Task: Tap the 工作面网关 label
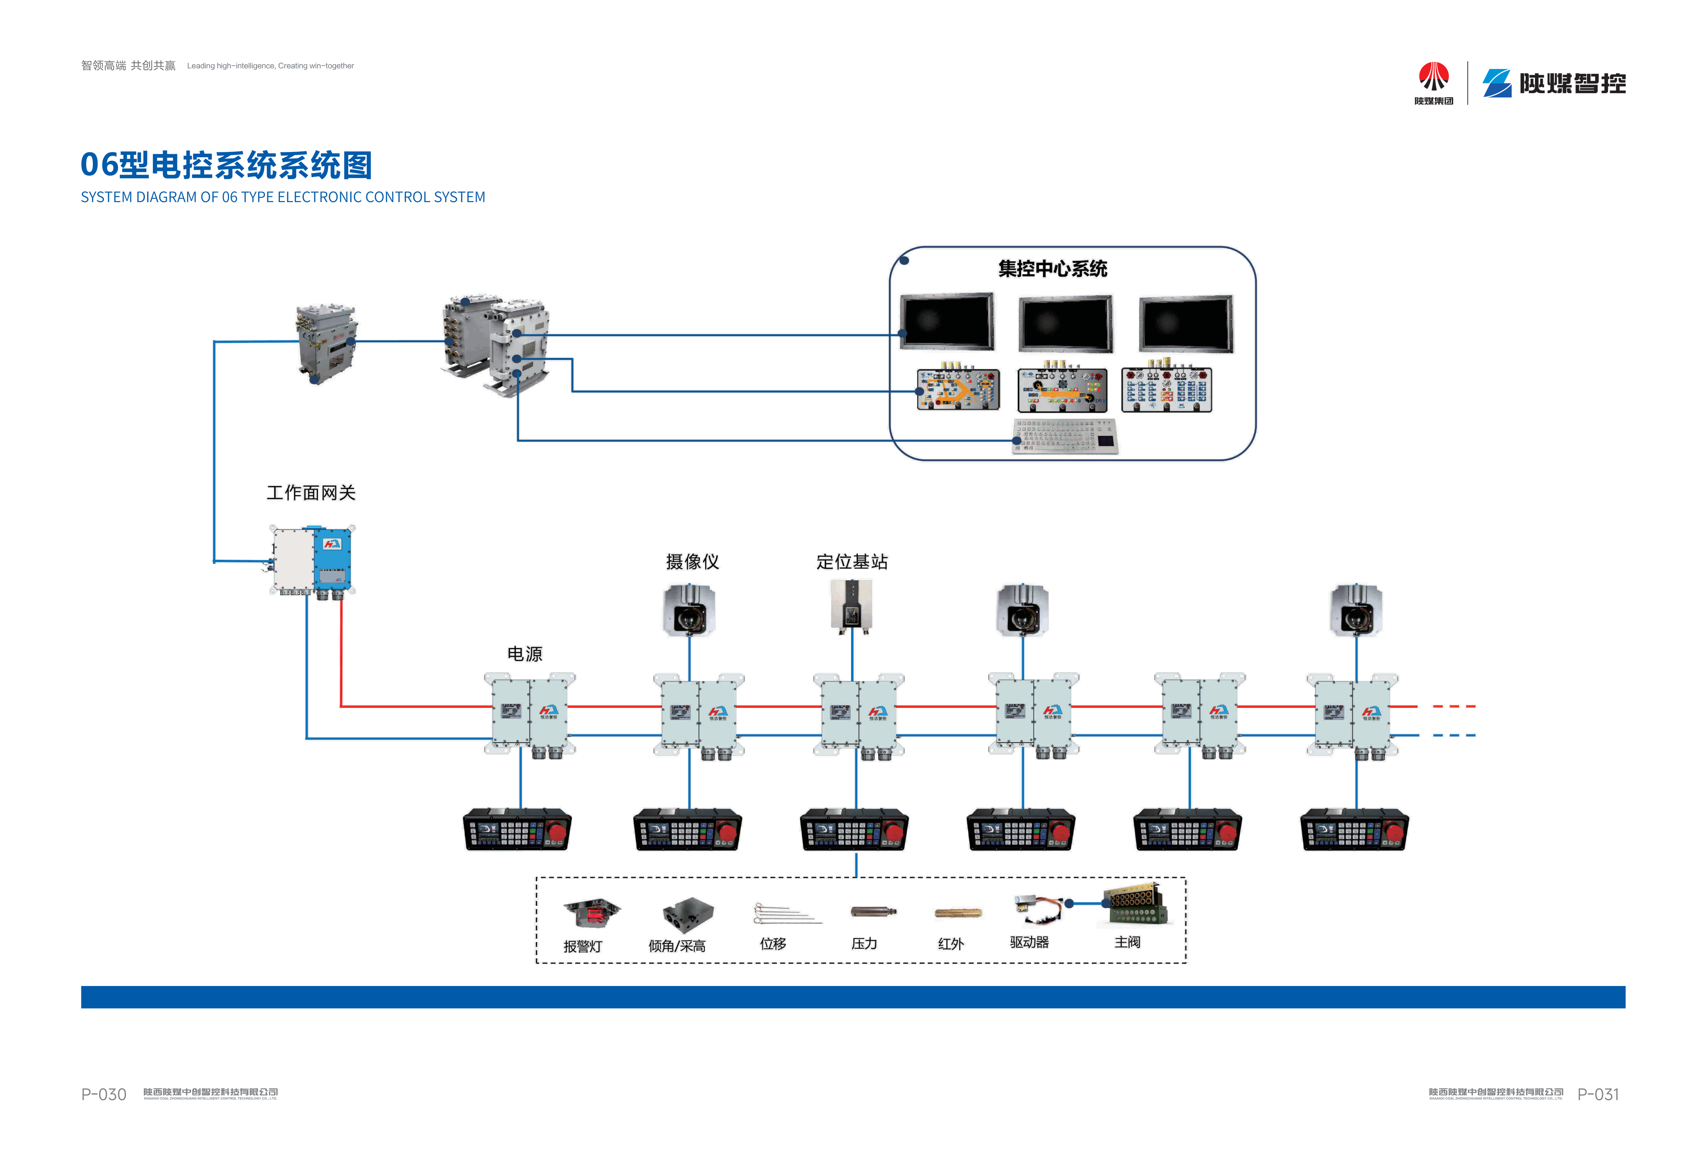tap(311, 493)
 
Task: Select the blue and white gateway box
tap(312, 560)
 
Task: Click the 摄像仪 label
tap(692, 562)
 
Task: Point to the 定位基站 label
tap(852, 562)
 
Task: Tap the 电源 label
tap(525, 653)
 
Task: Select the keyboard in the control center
tap(1065, 436)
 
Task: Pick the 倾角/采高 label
tap(677, 946)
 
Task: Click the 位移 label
tap(773, 944)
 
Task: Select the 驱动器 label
tap(1029, 942)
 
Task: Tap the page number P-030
tap(104, 1094)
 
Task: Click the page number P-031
tap(1598, 1094)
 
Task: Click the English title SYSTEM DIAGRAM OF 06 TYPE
tap(283, 197)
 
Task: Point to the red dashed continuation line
tap(1454, 706)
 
